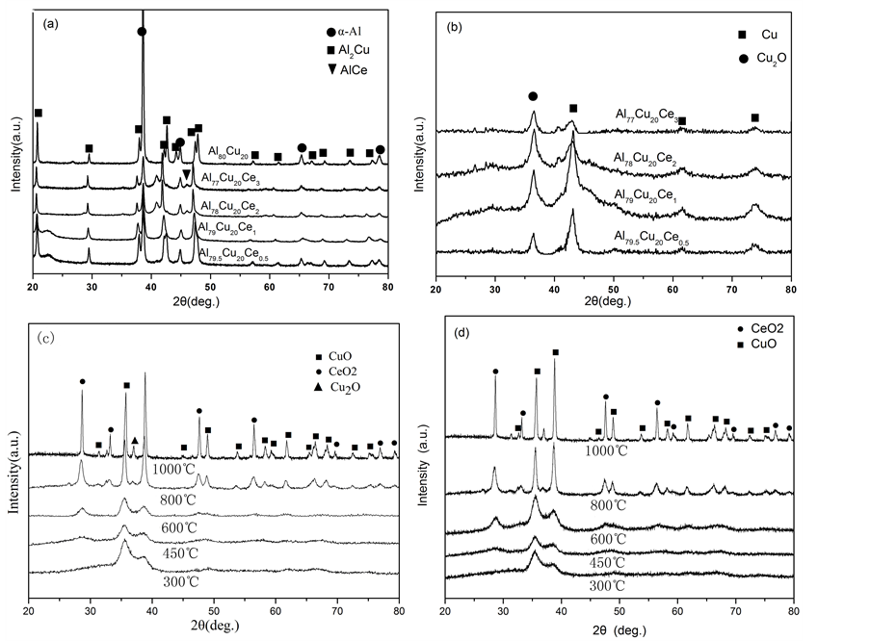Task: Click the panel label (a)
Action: [44, 22]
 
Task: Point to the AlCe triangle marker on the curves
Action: [186, 174]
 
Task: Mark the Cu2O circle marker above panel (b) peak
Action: [533, 96]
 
